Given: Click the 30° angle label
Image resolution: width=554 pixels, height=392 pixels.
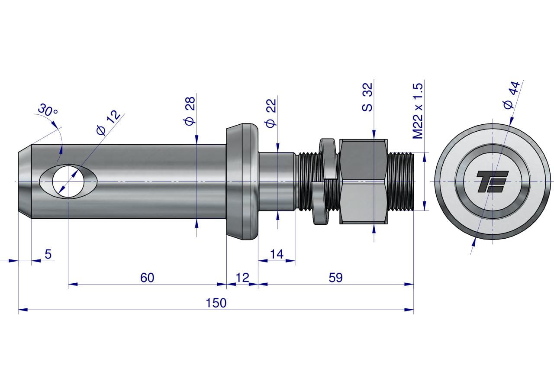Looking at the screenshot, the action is click(x=48, y=110).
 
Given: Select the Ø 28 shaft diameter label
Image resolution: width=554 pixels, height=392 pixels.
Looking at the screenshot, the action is click(x=190, y=111).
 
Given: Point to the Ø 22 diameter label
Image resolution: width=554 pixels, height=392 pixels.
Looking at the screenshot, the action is click(x=271, y=113).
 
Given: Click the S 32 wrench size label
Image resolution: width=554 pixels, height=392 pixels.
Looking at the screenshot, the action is click(x=367, y=97).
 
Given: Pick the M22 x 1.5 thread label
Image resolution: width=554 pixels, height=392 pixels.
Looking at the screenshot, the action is click(x=418, y=111).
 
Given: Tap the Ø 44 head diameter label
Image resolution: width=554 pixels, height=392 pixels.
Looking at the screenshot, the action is click(x=512, y=95).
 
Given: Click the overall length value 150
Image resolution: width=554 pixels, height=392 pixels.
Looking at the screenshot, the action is click(x=216, y=303).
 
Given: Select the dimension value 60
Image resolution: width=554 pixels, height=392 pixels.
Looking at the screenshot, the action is click(x=147, y=278).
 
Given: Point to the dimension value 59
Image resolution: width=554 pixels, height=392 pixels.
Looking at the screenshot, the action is click(x=335, y=278).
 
